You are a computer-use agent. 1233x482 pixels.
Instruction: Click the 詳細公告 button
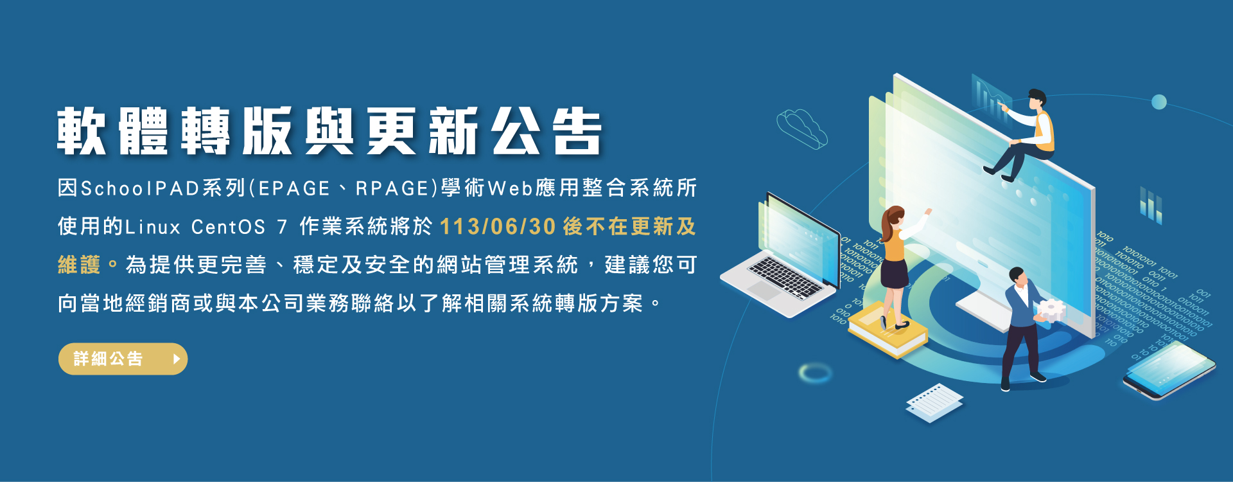123,359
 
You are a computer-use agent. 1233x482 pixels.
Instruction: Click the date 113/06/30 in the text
498,227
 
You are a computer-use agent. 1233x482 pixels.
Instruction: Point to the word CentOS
228,227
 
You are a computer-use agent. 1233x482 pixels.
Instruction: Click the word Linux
153,227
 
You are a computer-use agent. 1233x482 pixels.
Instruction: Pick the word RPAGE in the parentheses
392,188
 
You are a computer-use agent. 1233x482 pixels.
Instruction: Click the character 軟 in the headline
82,132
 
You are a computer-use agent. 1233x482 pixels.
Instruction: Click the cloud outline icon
801,128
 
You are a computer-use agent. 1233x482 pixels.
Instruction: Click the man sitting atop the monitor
1027,135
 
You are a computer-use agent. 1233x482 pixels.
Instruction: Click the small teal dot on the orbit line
1159,102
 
